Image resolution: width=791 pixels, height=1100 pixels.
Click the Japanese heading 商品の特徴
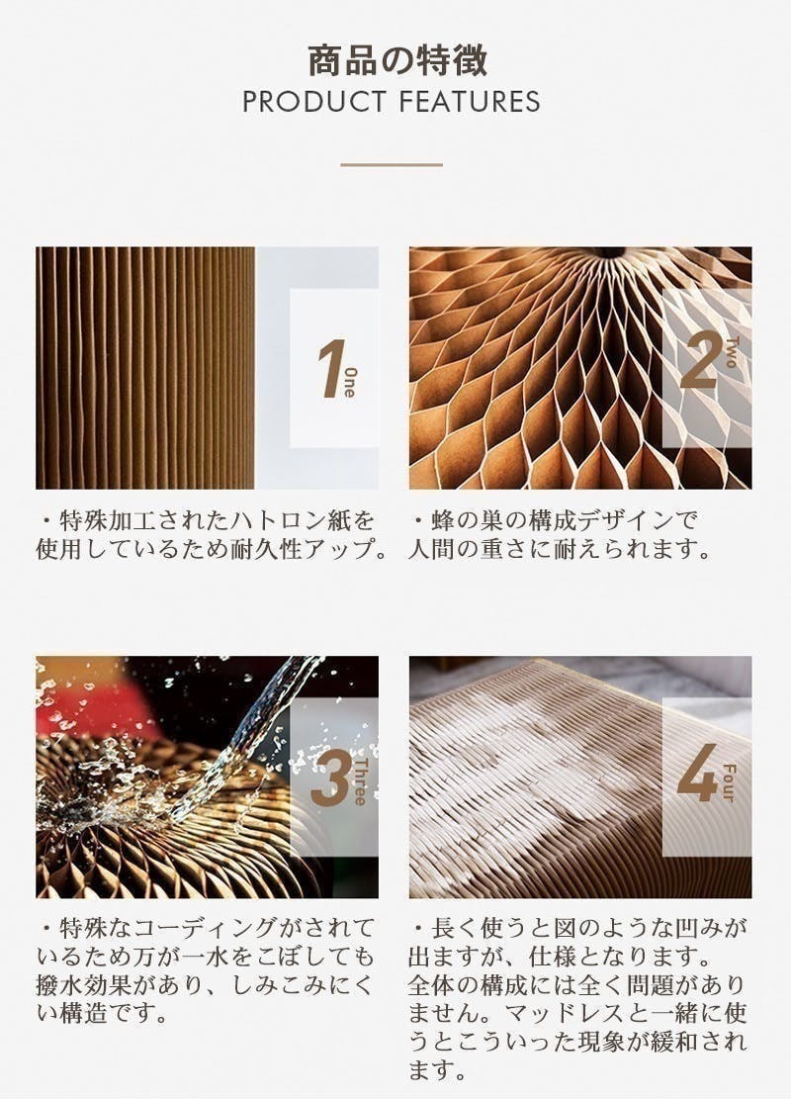[x=396, y=60]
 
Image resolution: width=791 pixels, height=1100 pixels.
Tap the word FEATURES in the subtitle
[x=471, y=102]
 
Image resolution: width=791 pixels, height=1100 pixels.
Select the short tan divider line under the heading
[x=392, y=165]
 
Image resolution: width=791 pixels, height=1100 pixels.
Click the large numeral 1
[x=330, y=368]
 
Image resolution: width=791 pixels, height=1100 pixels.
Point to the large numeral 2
[x=699, y=360]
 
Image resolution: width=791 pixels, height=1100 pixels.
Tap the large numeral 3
[x=330, y=778]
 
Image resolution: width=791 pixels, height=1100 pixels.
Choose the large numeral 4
[x=698, y=773]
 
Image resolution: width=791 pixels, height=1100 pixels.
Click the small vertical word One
[x=349, y=383]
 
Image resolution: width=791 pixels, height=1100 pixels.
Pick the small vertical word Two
[x=731, y=352]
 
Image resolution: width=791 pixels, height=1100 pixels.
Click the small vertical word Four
[x=728, y=782]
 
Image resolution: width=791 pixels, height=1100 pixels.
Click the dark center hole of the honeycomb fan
[x=609, y=252]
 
